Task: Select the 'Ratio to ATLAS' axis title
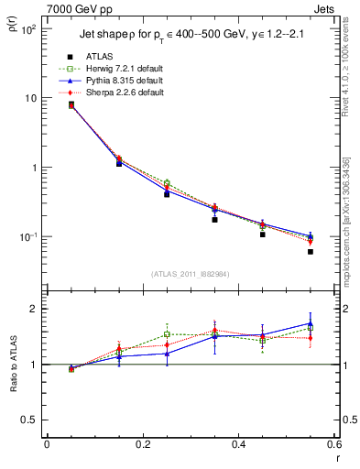pyautogui.click(x=13, y=365)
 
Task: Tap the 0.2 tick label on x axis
pyautogui.click(x=142, y=444)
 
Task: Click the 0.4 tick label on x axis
pyautogui.click(x=238, y=444)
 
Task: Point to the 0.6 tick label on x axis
pyautogui.click(x=333, y=444)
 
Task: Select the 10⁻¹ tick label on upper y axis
pyautogui.click(x=28, y=237)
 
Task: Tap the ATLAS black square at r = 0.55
pyautogui.click(x=311, y=251)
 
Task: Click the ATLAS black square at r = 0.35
pyautogui.click(x=214, y=220)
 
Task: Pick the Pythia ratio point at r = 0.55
pyautogui.click(x=311, y=323)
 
